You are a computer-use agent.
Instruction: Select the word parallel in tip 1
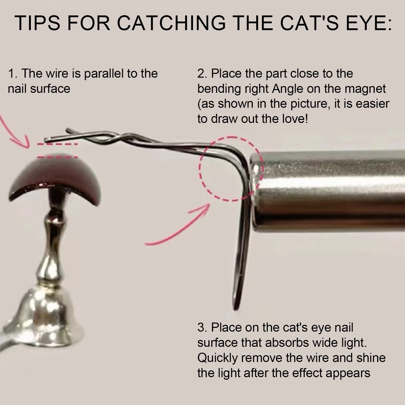pyautogui.click(x=104, y=74)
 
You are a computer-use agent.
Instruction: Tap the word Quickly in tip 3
pyautogui.click(x=218, y=358)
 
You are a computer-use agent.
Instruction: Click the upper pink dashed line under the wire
pyautogui.click(x=57, y=145)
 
